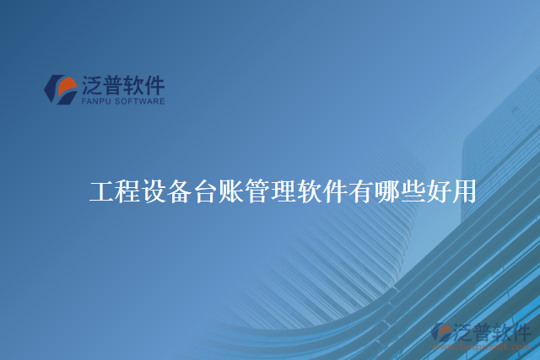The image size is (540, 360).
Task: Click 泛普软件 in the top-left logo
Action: click(x=123, y=85)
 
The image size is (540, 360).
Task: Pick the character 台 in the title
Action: click(x=205, y=192)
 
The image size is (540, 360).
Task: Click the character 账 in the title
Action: click(x=231, y=192)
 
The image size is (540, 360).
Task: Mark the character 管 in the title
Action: click(x=257, y=192)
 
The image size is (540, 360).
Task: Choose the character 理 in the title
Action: click(x=283, y=192)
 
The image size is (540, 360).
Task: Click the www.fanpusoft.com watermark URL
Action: click(x=490, y=346)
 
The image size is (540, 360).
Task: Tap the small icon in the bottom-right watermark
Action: click(x=441, y=333)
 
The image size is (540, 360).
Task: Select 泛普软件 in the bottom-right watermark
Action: click(x=492, y=331)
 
